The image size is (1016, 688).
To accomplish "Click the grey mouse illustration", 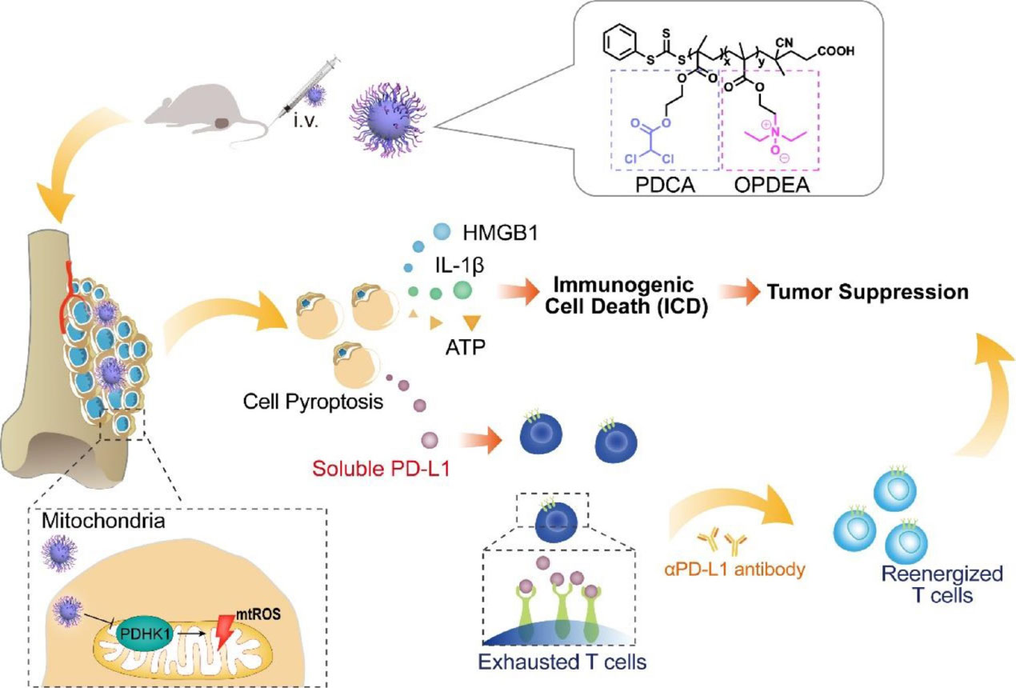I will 196,116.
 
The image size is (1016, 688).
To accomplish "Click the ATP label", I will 467,348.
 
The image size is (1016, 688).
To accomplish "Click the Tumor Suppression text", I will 867,290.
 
